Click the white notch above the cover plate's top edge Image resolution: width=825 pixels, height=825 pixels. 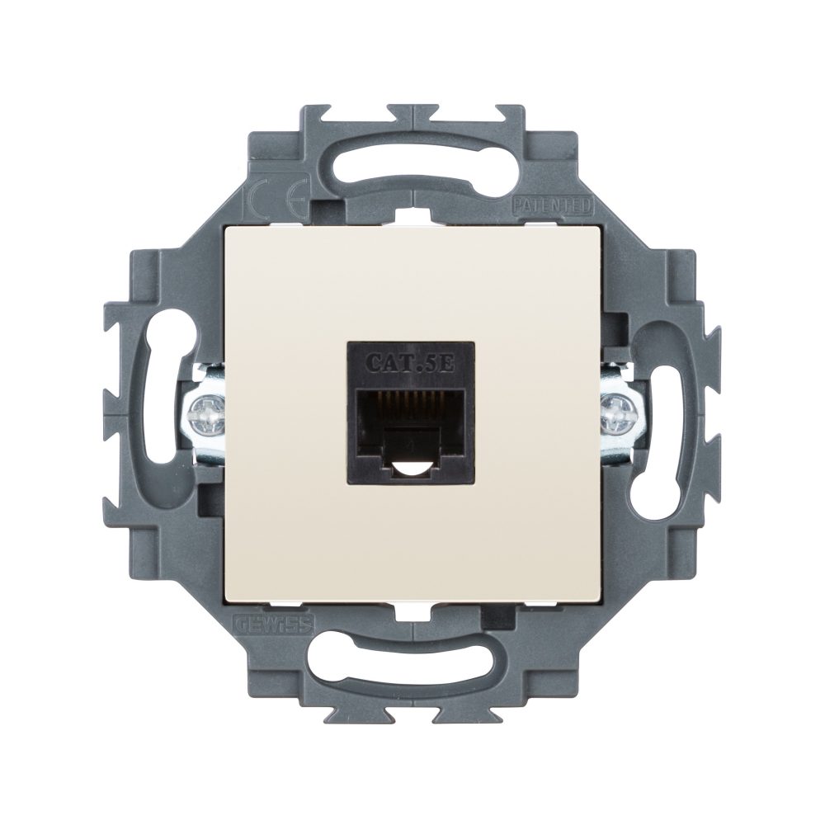(x=412, y=217)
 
